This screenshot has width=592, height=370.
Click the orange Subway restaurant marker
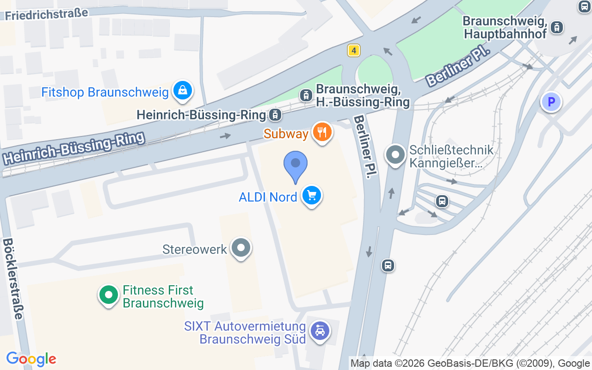(x=322, y=132)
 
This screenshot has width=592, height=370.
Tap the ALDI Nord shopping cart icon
(x=311, y=196)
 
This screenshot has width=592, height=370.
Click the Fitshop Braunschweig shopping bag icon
(x=183, y=90)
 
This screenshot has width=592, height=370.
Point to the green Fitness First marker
(x=109, y=295)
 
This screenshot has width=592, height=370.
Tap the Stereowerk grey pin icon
(x=240, y=248)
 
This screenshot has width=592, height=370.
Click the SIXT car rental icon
(x=320, y=331)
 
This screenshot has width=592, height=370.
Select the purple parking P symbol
(x=551, y=102)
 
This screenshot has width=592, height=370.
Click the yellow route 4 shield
(x=353, y=50)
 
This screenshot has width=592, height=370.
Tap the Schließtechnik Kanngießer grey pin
(x=395, y=155)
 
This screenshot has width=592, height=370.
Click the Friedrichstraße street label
(x=46, y=13)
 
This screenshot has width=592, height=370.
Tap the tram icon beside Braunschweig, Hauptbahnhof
(x=557, y=27)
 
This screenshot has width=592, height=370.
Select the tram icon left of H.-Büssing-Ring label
(x=306, y=95)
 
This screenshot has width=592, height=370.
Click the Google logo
(x=31, y=359)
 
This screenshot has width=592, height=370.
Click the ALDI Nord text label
(x=268, y=197)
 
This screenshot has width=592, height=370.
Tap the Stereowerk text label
(x=195, y=249)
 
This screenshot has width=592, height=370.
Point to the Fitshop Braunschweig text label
(x=105, y=92)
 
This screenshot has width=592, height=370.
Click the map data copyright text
(x=470, y=363)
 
